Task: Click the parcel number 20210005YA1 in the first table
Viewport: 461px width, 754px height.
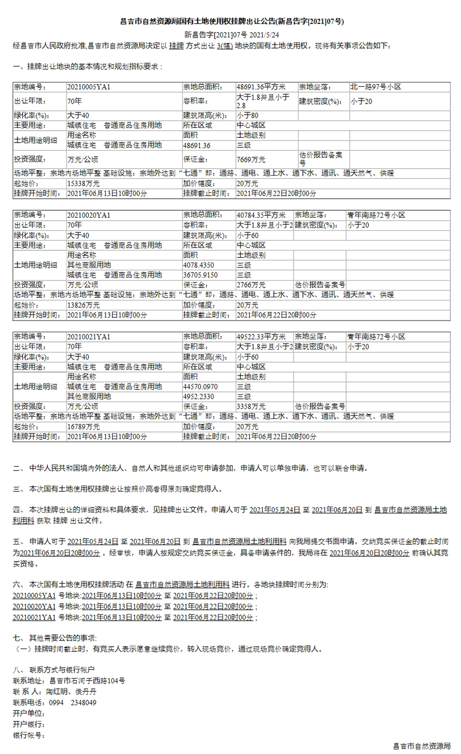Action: pyautogui.click(x=89, y=87)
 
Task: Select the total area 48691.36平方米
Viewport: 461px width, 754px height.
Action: pyautogui.click(x=261, y=87)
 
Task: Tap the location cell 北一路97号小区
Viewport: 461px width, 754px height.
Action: pyautogui.click(x=375, y=87)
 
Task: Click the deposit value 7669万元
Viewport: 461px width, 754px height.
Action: pyautogui.click(x=251, y=160)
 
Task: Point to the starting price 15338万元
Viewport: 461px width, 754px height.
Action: pyautogui.click(x=83, y=184)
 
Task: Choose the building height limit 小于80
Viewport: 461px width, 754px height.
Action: pyautogui.click(x=248, y=116)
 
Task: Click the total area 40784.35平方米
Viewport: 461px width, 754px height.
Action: pyautogui.click(x=261, y=215)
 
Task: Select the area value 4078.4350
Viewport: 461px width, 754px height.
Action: pyautogui.click(x=199, y=265)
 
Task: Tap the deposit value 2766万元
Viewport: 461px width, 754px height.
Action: pyautogui.click(x=251, y=285)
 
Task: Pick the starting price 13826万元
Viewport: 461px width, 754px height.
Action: pyautogui.click(x=83, y=305)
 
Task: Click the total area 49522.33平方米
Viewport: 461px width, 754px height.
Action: pyautogui.click(x=261, y=337)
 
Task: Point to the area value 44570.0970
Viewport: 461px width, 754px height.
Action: pyautogui.click(x=200, y=387)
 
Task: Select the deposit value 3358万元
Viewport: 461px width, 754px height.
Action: pyautogui.click(x=251, y=407)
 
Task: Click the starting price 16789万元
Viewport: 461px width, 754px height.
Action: pyautogui.click(x=83, y=427)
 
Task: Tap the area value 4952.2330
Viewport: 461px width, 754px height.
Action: pyautogui.click(x=199, y=397)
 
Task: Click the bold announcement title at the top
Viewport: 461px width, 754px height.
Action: pyautogui.click(x=232, y=22)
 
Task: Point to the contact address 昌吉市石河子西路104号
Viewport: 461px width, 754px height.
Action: pyautogui.click(x=87, y=681)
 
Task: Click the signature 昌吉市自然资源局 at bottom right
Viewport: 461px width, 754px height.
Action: pyautogui.click(x=421, y=746)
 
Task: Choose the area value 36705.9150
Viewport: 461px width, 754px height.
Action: pyautogui.click(x=200, y=275)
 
